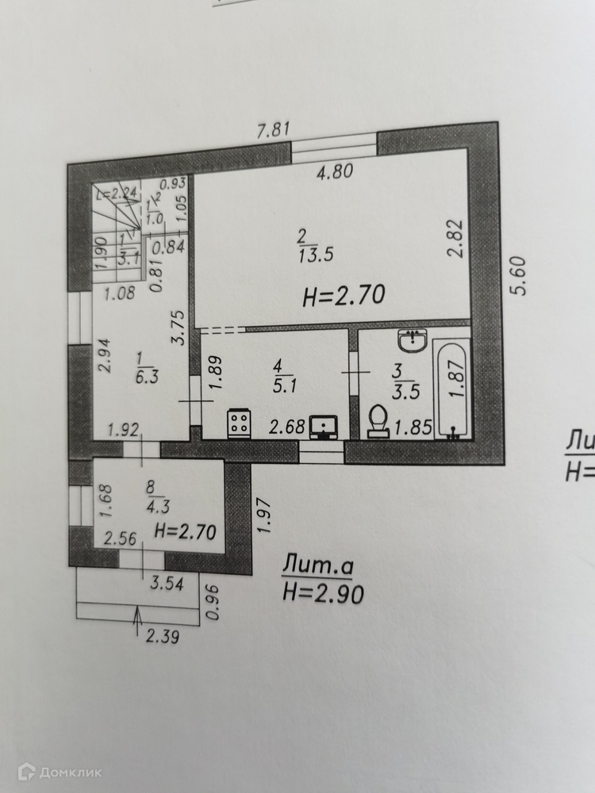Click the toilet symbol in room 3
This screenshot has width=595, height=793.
point(379,421)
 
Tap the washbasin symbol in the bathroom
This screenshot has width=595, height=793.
point(413,342)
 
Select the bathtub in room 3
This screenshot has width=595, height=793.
point(452,389)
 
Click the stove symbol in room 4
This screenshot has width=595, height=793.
point(240,423)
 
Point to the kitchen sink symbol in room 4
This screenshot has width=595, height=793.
point(325,427)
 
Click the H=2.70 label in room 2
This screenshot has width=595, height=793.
point(344,297)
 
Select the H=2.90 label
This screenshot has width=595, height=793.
point(323,592)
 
